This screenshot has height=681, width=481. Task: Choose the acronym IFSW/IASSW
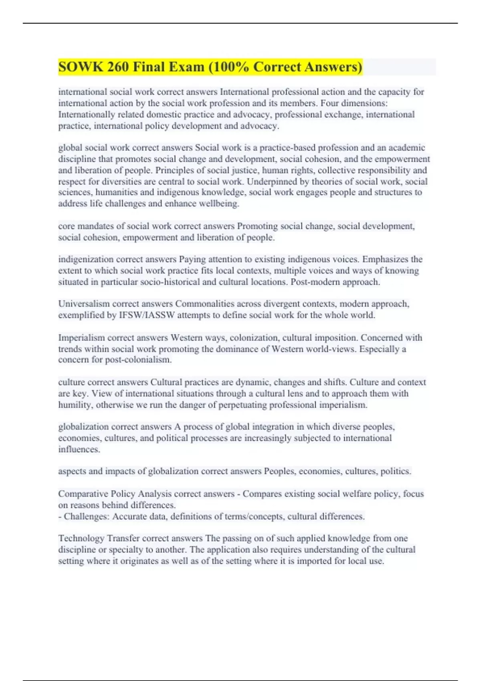(x=147, y=315)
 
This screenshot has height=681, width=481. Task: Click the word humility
(x=76, y=405)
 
